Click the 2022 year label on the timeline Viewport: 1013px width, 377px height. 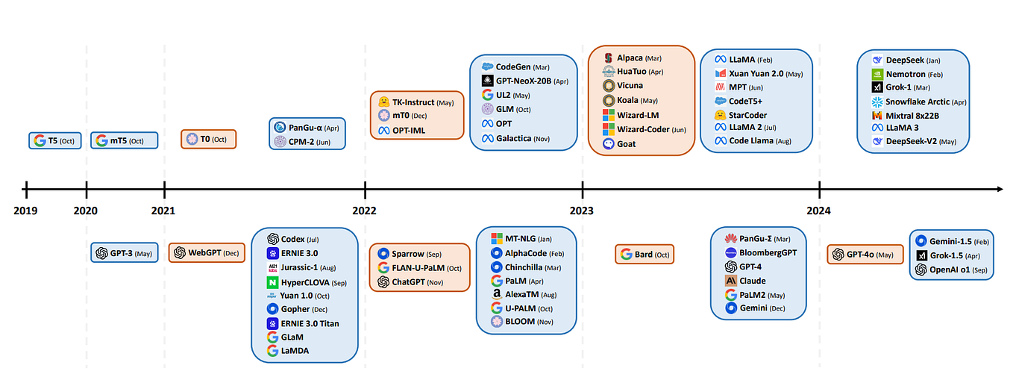click(365, 211)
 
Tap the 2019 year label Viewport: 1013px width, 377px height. click(25, 211)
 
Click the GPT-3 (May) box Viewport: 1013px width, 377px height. click(125, 253)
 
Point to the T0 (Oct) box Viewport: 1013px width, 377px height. click(208, 139)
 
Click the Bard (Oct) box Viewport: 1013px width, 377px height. click(645, 254)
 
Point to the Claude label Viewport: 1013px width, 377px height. click(753, 281)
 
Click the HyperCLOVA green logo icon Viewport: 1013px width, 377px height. click(272, 283)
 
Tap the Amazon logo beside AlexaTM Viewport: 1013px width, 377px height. click(497, 294)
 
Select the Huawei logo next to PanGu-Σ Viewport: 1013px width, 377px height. click(730, 239)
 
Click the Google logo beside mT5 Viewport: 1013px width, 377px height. click(101, 140)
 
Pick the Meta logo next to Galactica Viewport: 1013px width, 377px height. click(488, 138)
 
